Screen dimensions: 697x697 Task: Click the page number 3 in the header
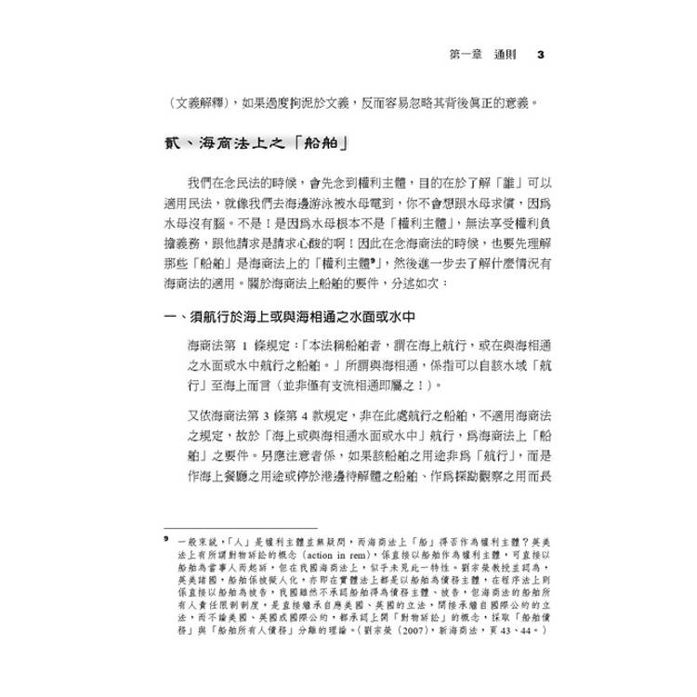[541, 54]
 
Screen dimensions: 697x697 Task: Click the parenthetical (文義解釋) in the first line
[190, 100]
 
